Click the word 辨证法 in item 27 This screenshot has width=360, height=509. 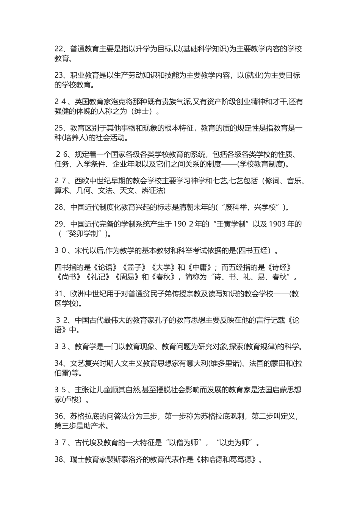153,190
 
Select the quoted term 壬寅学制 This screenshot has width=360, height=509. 233,224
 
